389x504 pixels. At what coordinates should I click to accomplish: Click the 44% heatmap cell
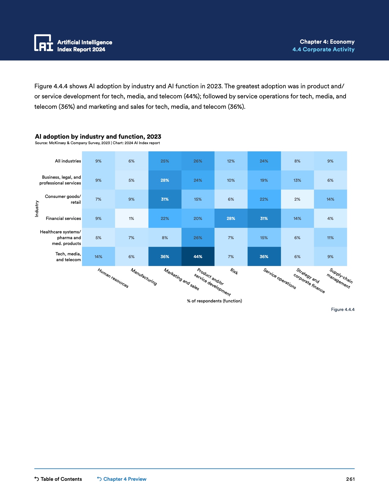click(x=198, y=257)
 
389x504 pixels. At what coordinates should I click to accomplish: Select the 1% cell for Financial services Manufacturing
click(x=131, y=218)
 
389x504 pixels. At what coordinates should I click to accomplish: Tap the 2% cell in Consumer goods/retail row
click(x=297, y=199)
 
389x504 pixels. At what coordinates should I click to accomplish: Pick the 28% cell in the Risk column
click(x=231, y=218)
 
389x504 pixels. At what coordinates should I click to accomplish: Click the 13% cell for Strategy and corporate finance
click(x=297, y=180)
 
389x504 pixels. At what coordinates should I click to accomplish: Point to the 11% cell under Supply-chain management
click(x=330, y=238)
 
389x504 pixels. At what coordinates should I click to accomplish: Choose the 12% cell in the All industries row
click(x=231, y=161)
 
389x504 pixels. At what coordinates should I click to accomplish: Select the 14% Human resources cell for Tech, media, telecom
click(x=98, y=257)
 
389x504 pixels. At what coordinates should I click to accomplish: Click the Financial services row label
click(x=63, y=218)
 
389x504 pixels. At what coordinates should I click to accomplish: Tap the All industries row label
click(x=68, y=161)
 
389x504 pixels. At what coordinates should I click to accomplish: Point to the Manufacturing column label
click(x=144, y=277)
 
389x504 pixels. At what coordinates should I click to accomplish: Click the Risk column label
click(x=234, y=271)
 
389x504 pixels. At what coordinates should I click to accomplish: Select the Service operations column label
click(x=279, y=279)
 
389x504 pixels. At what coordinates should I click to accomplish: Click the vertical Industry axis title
click(x=37, y=209)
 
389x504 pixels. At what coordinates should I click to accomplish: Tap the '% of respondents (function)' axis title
click(x=214, y=301)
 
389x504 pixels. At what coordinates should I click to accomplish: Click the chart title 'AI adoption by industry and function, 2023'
click(x=98, y=137)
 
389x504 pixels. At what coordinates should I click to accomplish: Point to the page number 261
click(x=350, y=479)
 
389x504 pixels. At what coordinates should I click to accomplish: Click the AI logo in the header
click(x=44, y=43)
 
